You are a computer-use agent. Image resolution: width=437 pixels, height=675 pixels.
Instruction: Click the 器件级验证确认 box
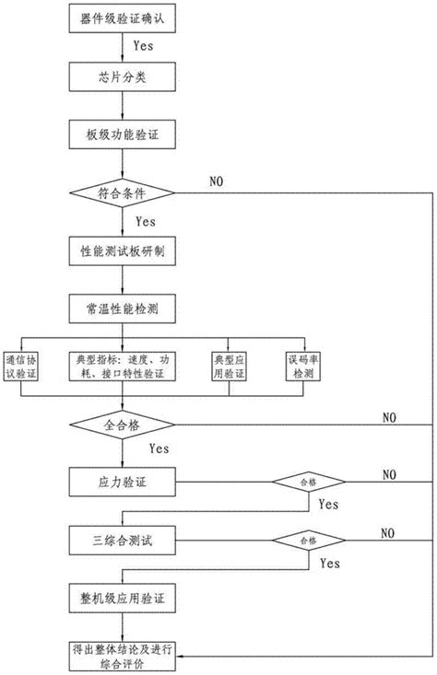coord(117,17)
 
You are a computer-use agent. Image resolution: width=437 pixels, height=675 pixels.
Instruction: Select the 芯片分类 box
coord(117,76)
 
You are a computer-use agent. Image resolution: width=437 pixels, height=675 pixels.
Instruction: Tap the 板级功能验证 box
coord(117,135)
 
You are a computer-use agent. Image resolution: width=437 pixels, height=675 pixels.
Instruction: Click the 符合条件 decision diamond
coord(117,193)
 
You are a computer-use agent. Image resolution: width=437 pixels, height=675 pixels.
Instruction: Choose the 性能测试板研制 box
coord(117,250)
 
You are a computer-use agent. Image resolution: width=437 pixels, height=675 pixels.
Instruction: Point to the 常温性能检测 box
coord(117,308)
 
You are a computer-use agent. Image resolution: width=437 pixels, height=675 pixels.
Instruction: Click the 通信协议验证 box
coord(25,366)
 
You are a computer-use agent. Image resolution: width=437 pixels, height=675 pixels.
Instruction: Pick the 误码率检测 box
coord(302,366)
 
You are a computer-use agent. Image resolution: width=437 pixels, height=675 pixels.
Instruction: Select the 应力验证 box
coord(117,481)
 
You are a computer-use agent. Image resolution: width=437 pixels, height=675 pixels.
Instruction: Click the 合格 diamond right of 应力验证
coord(308,481)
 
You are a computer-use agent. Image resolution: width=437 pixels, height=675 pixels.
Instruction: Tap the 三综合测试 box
coord(117,538)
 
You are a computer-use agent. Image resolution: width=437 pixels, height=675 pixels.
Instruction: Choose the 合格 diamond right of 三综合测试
coord(308,538)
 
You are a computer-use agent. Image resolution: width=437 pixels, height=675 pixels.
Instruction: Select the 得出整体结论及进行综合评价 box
coord(117,655)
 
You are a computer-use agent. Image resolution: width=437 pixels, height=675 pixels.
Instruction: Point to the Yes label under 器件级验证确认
coord(144,43)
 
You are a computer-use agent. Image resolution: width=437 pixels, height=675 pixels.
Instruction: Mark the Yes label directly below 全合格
coord(159,449)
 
